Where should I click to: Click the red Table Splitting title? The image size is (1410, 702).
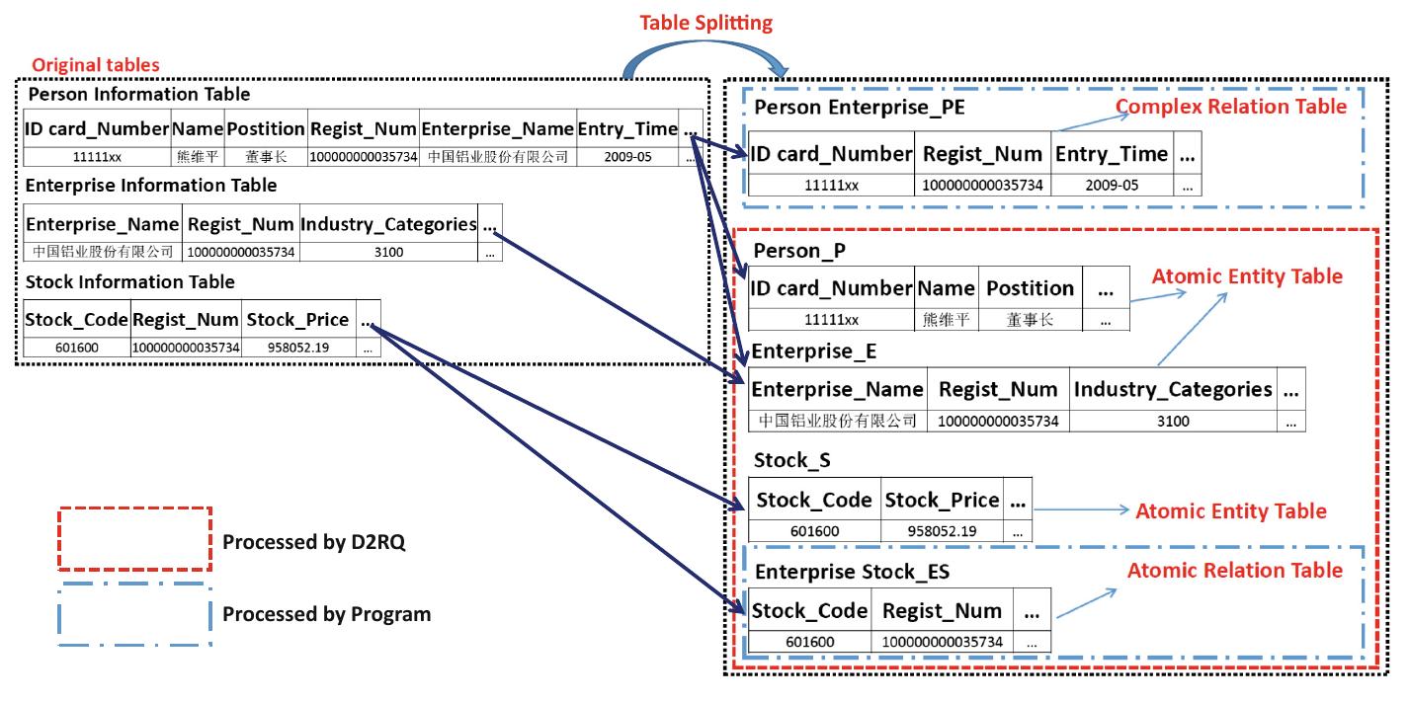(705, 22)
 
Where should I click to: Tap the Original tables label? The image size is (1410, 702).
(95, 65)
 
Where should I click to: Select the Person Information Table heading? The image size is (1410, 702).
(138, 95)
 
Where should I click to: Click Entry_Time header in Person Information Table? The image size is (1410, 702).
(627, 128)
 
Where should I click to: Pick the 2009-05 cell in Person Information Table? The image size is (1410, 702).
(627, 157)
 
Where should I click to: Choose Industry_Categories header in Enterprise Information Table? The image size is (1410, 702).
(388, 224)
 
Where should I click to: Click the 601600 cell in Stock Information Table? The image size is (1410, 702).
(76, 348)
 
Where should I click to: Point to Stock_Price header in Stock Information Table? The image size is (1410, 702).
(297, 319)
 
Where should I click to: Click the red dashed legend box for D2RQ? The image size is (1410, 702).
(135, 539)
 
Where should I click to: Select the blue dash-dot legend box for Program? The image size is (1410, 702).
(135, 613)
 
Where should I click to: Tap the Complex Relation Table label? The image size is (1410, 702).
(1230, 107)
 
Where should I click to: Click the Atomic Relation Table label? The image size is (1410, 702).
(1234, 571)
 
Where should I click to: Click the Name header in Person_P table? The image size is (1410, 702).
(946, 288)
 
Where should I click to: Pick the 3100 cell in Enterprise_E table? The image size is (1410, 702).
(1173, 421)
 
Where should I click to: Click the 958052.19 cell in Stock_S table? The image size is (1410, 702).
(943, 531)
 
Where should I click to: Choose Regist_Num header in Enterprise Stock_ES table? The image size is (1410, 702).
(942, 611)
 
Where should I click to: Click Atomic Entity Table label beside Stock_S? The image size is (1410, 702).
(1230, 510)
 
